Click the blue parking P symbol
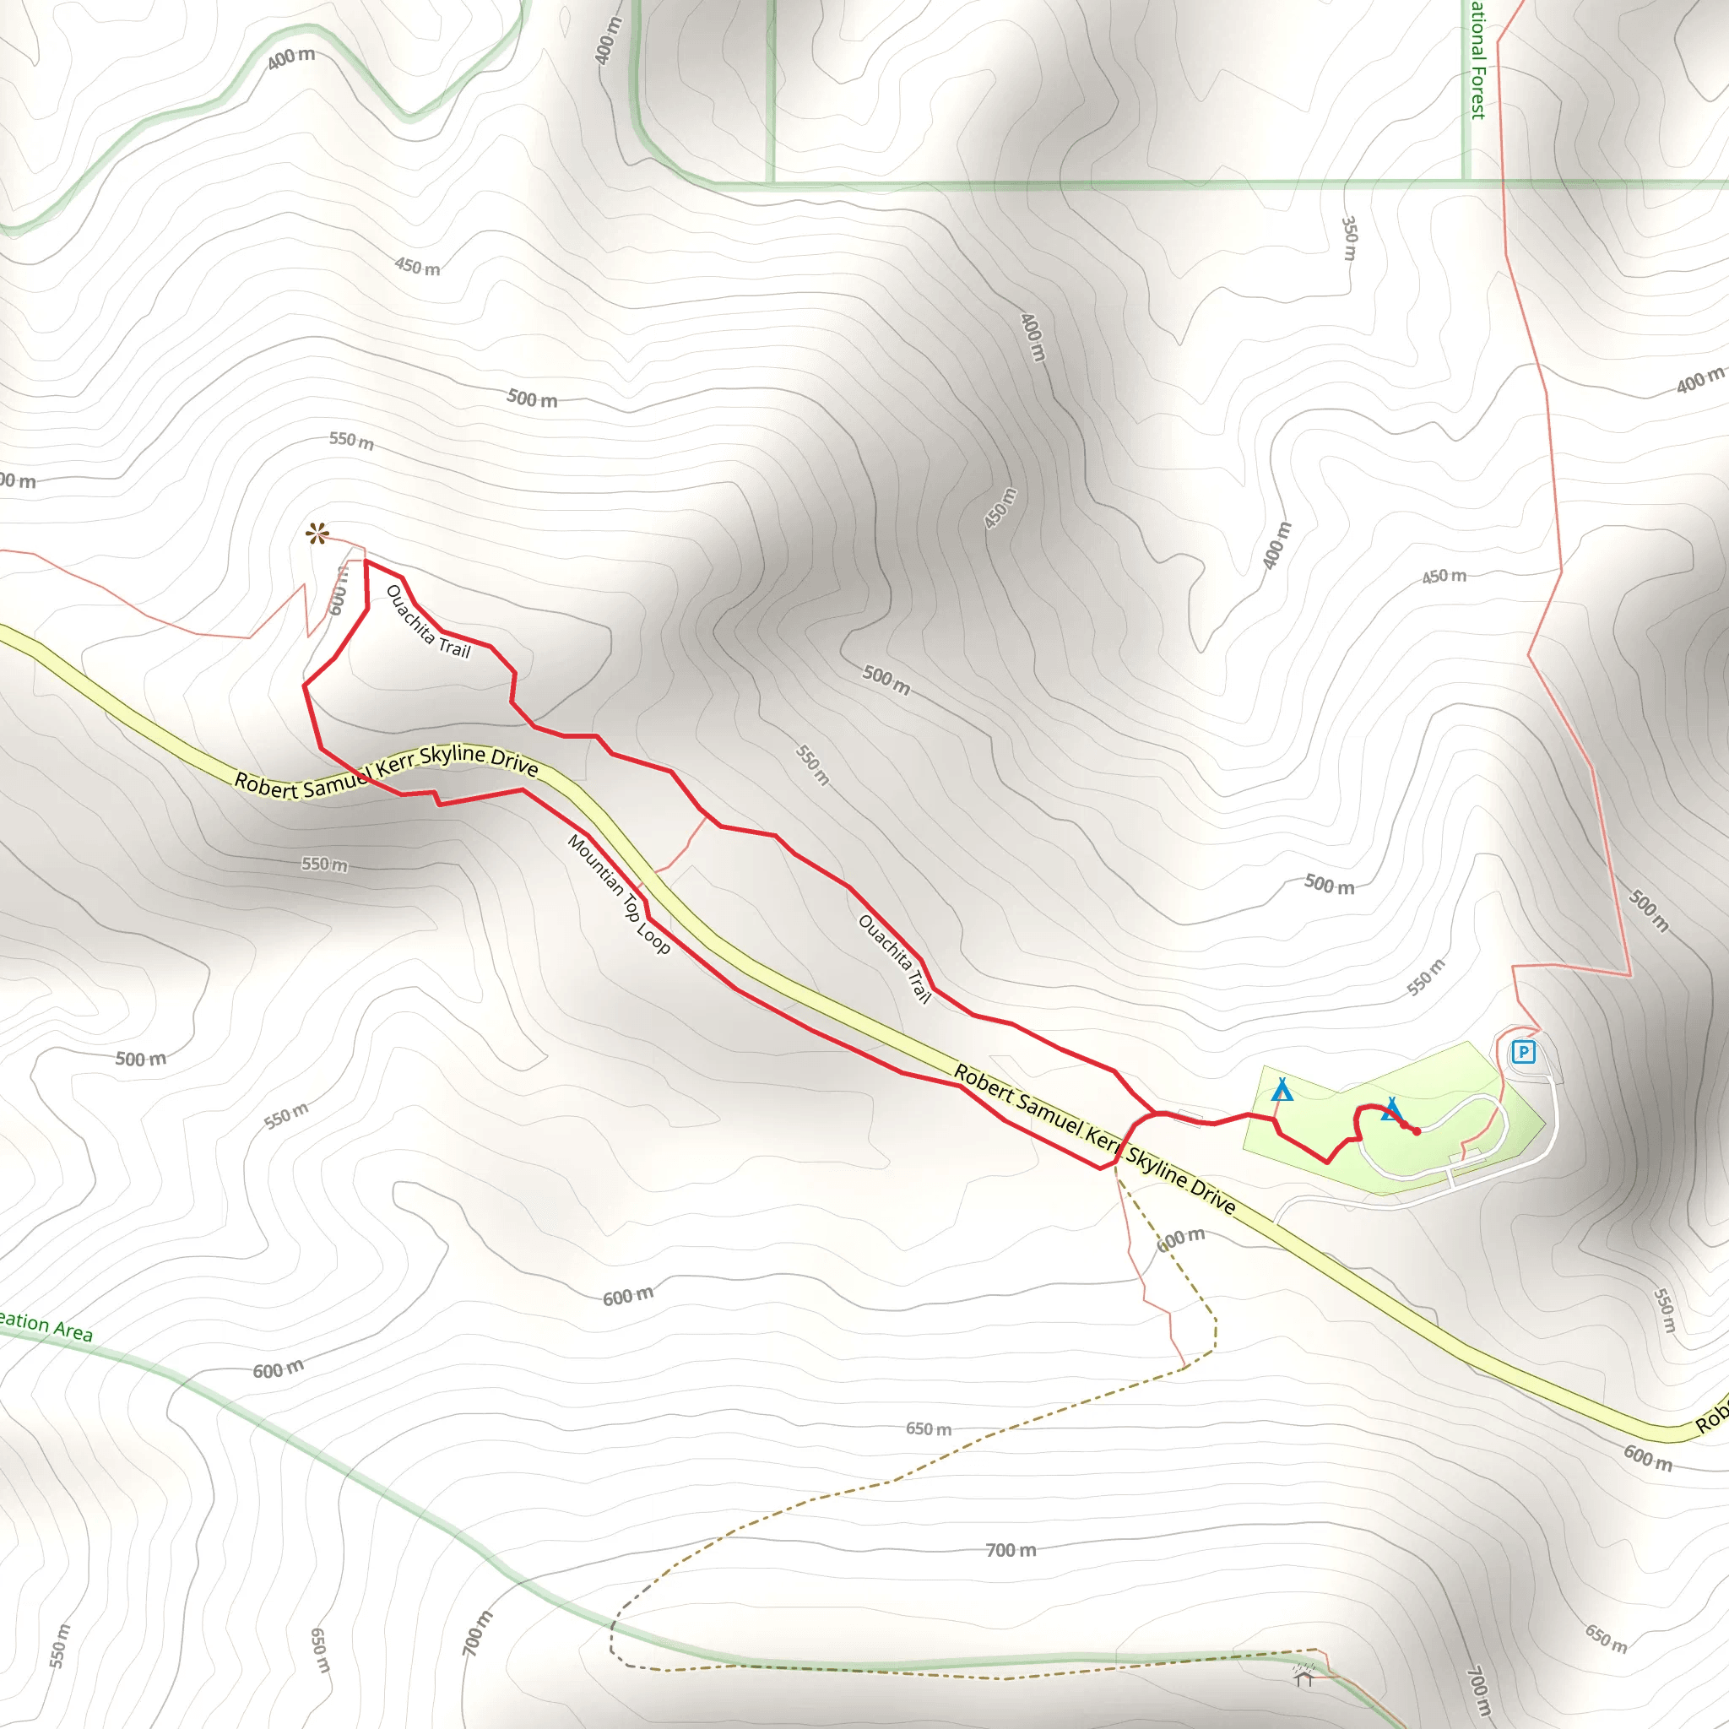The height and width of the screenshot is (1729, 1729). point(1523,1052)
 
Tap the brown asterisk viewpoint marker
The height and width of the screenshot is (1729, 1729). point(317,534)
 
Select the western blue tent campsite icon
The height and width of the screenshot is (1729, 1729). point(1282,1090)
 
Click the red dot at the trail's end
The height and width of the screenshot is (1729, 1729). point(1417,1132)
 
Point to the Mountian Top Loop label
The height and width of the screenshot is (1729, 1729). point(618,894)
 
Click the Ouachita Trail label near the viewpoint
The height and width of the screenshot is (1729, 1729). point(428,621)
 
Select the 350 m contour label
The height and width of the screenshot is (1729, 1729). point(1350,237)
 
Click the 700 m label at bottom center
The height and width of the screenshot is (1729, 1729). point(1011,1550)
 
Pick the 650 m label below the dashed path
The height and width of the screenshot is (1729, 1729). point(928,1428)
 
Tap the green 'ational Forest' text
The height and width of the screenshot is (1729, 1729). point(1478,59)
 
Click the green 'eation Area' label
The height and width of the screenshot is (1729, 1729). point(45,1325)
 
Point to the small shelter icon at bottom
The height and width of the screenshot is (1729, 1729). point(1304,1674)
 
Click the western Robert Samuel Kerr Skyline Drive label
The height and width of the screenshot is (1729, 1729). point(386,772)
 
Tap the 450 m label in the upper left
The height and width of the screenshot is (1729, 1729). point(417,266)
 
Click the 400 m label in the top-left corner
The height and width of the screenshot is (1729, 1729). point(291,58)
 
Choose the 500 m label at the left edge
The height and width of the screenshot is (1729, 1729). point(140,1059)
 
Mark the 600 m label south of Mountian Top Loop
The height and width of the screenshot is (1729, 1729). point(627,1296)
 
